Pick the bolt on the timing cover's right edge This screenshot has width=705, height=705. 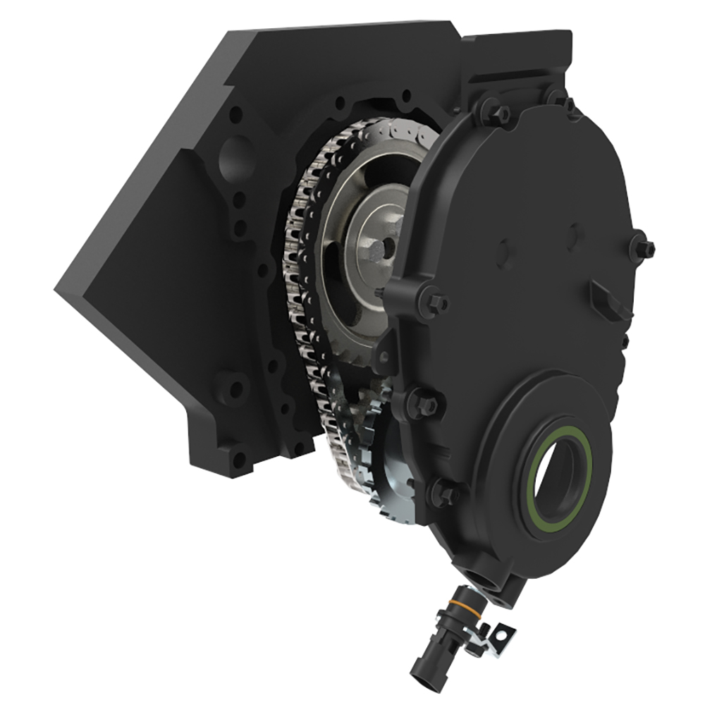[643, 247]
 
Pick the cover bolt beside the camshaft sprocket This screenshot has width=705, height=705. [432, 302]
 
